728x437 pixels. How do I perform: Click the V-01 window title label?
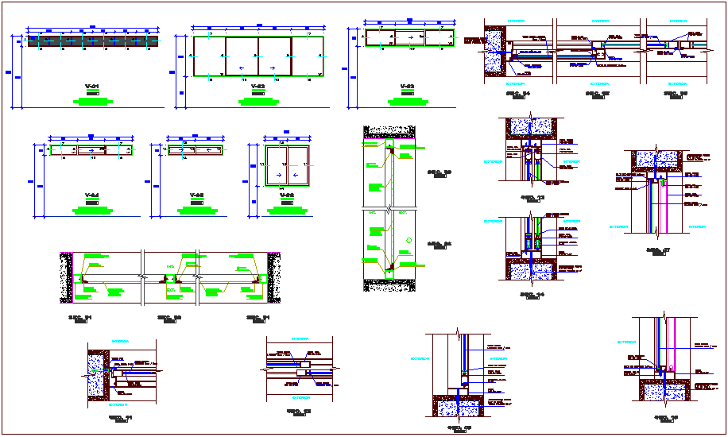tap(92, 85)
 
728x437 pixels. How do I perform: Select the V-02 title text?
tap(258, 85)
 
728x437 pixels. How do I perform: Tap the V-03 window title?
tap(407, 85)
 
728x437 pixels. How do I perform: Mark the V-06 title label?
tap(287, 195)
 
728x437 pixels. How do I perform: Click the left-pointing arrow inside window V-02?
tap(242, 69)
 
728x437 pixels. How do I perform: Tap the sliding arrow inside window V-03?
tap(409, 37)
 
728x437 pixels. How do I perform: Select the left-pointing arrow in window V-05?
tap(209, 149)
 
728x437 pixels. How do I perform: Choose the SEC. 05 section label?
tap(597, 92)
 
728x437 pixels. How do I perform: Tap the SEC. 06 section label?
tap(676, 92)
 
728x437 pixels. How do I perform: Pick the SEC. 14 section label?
tap(531, 295)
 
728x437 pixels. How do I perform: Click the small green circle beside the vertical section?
tap(406, 240)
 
